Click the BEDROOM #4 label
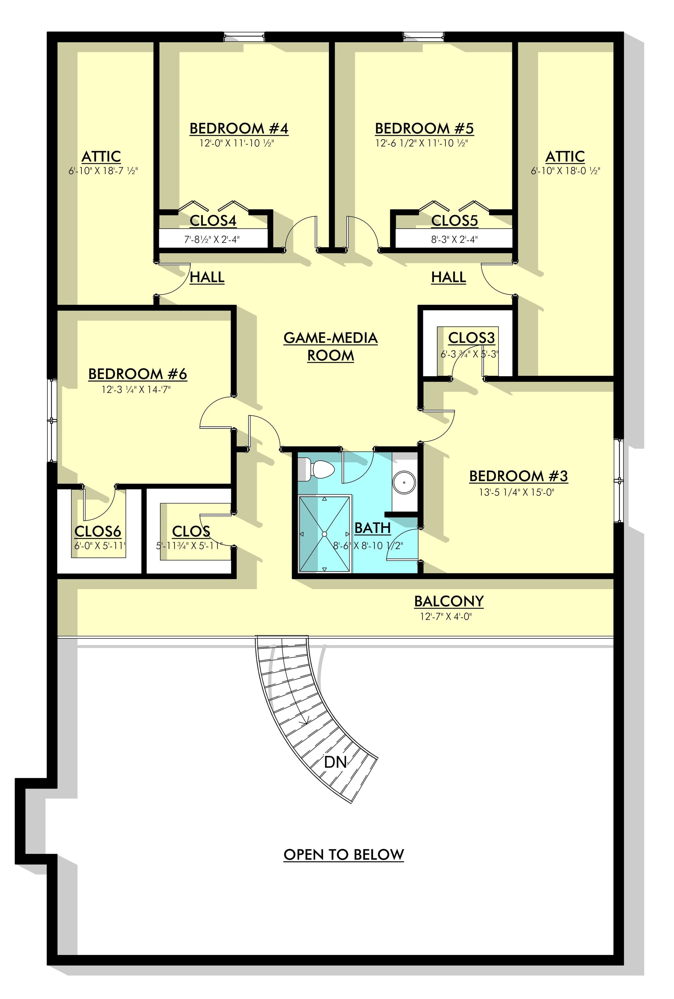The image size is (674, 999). [239, 129]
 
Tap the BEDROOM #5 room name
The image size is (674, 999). [424, 129]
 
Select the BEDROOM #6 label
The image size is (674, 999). [138, 374]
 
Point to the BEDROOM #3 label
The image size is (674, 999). [518, 476]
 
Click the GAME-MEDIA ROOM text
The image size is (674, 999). [330, 347]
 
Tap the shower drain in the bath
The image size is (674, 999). [325, 534]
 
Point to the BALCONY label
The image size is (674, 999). [449, 601]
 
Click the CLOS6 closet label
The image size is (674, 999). [98, 532]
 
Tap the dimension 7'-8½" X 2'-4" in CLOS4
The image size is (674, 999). [212, 239]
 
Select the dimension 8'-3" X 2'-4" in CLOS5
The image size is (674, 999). [455, 239]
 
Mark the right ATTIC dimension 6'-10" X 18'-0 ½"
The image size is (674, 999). [565, 171]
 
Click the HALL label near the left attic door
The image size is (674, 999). [207, 277]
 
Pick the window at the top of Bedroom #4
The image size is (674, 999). [244, 37]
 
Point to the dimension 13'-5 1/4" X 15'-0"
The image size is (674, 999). [517, 492]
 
